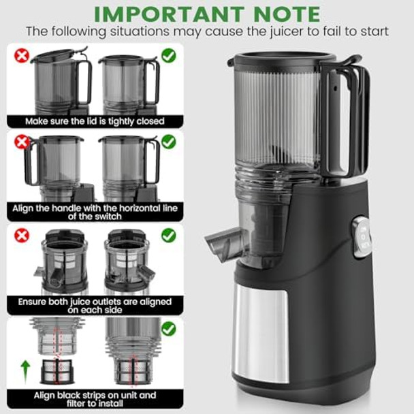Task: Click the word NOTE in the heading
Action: (x=285, y=14)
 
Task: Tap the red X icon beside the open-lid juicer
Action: (x=22, y=55)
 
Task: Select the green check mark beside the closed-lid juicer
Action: (x=168, y=55)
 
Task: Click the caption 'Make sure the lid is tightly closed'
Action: (x=95, y=121)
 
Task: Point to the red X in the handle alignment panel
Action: (x=22, y=142)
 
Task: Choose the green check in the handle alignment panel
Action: (x=168, y=142)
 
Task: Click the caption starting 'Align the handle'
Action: (x=95, y=210)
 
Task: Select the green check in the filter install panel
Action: (x=168, y=329)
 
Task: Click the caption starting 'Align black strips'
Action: (x=95, y=398)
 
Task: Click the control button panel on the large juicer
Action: (x=362, y=237)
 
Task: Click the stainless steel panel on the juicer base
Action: (x=259, y=330)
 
